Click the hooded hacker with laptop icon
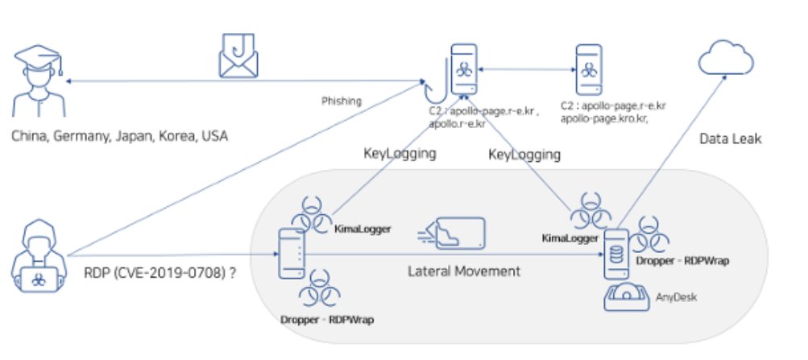click(x=35, y=266)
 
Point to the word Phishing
click(x=342, y=101)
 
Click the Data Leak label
click(x=729, y=139)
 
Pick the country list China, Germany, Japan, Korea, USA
click(x=119, y=136)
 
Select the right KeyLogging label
click(x=524, y=153)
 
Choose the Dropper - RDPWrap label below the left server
click(x=328, y=320)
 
